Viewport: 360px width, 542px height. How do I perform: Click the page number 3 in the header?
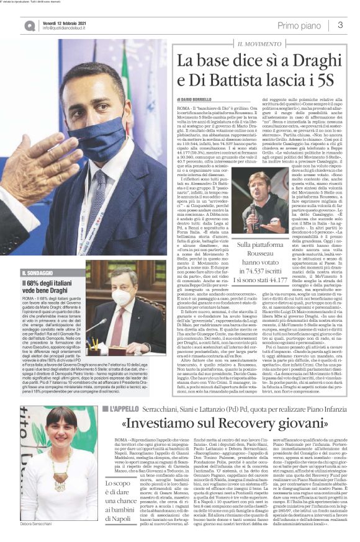(341, 25)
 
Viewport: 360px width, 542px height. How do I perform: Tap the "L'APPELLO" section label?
(127, 391)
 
